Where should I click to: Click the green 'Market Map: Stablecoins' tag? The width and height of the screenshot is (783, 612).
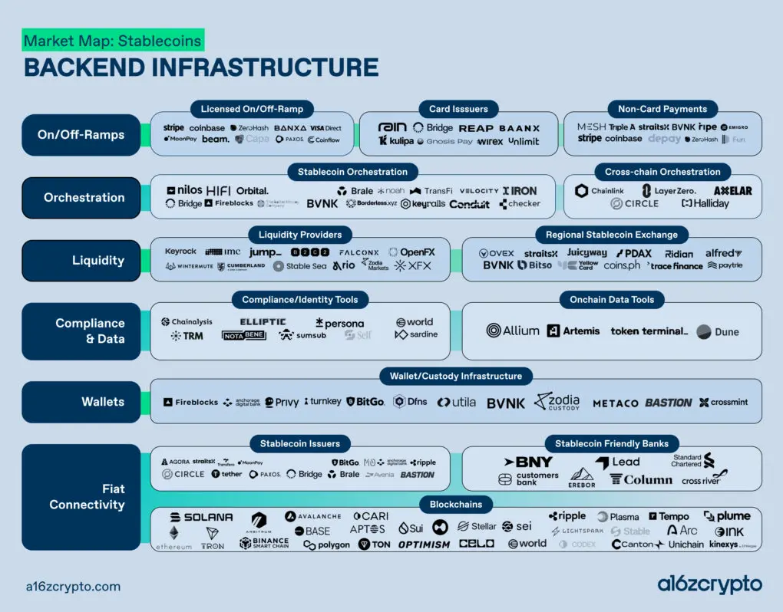113,41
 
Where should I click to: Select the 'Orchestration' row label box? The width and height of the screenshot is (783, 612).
84,197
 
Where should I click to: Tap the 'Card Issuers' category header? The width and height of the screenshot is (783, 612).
459,109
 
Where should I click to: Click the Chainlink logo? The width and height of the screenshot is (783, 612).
600,190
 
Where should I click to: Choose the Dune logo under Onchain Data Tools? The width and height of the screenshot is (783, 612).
718,331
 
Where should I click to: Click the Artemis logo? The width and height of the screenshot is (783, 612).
573,331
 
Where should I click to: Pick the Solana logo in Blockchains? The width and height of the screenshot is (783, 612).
202,518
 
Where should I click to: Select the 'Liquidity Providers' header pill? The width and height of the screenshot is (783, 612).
300,234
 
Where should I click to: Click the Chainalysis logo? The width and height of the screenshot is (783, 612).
187,322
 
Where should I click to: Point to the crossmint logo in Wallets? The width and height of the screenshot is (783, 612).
723,402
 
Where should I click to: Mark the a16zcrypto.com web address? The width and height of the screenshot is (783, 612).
73,587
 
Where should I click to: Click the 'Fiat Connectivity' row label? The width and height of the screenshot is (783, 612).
84,496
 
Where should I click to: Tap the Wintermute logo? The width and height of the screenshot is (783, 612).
188,266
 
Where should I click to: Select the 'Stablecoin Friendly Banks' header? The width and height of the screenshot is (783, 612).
612,443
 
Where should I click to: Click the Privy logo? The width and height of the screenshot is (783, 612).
282,402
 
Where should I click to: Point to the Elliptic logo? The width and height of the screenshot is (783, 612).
263,322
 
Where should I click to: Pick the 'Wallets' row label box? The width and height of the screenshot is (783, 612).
84,402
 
